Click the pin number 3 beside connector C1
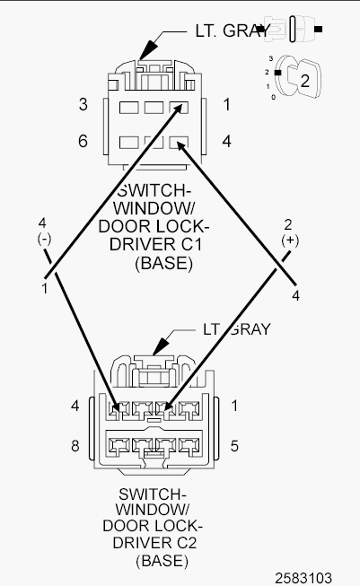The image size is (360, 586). point(83,104)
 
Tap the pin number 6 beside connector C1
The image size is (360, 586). point(83,141)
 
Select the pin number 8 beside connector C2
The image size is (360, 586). point(75,446)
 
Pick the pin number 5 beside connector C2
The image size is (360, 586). point(234,446)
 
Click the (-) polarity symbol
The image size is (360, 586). point(44,239)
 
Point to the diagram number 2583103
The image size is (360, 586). point(303,578)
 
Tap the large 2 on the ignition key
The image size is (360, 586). point(305,81)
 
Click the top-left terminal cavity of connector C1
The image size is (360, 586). point(129,108)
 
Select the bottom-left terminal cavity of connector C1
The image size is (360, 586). point(129,143)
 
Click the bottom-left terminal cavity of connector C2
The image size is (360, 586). point(118,446)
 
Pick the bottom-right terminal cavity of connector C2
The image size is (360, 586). point(189,446)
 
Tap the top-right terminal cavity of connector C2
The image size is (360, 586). point(189,409)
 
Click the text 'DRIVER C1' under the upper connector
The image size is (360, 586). point(156,244)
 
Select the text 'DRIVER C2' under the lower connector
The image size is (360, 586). point(154,543)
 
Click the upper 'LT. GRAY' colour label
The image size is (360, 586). point(232,31)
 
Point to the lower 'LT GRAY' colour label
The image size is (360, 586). point(237,329)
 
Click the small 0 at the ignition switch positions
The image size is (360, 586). point(273,97)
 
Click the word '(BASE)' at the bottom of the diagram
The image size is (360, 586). point(162,561)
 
